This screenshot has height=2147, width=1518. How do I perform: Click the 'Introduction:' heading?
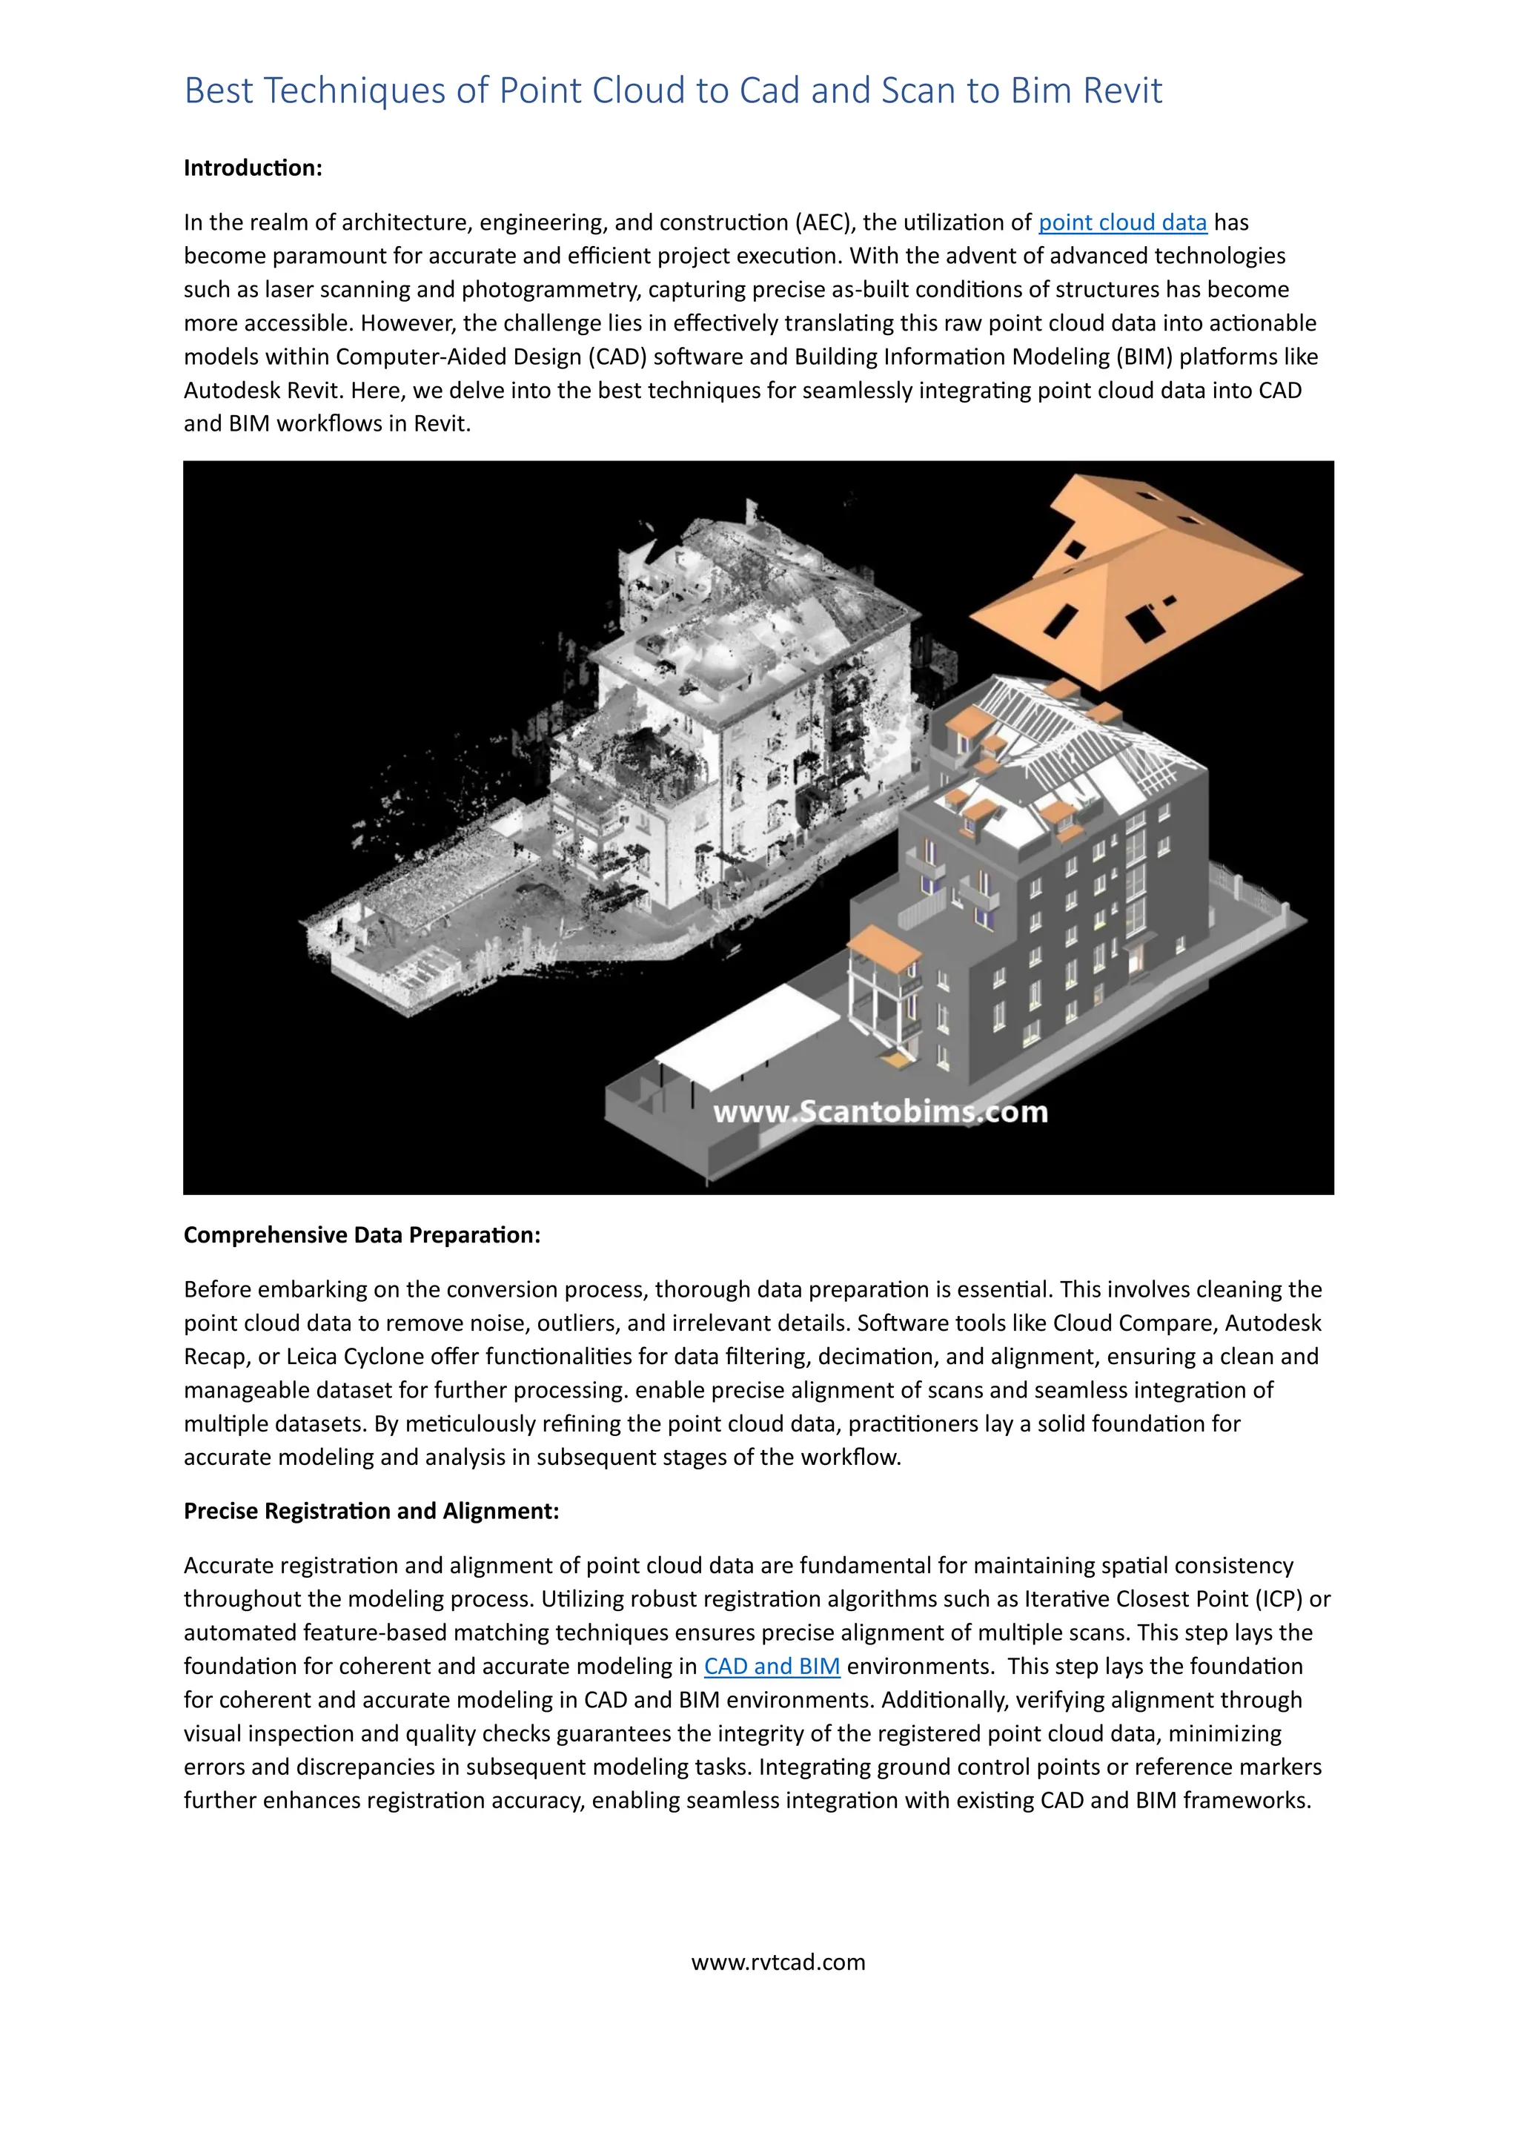[252, 168]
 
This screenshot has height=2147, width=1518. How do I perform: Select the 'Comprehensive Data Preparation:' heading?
[362, 1234]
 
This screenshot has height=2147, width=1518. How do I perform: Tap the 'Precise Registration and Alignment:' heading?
[371, 1510]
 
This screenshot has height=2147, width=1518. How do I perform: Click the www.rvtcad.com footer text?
[778, 1961]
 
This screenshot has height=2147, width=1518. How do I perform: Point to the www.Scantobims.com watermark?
[880, 1112]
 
